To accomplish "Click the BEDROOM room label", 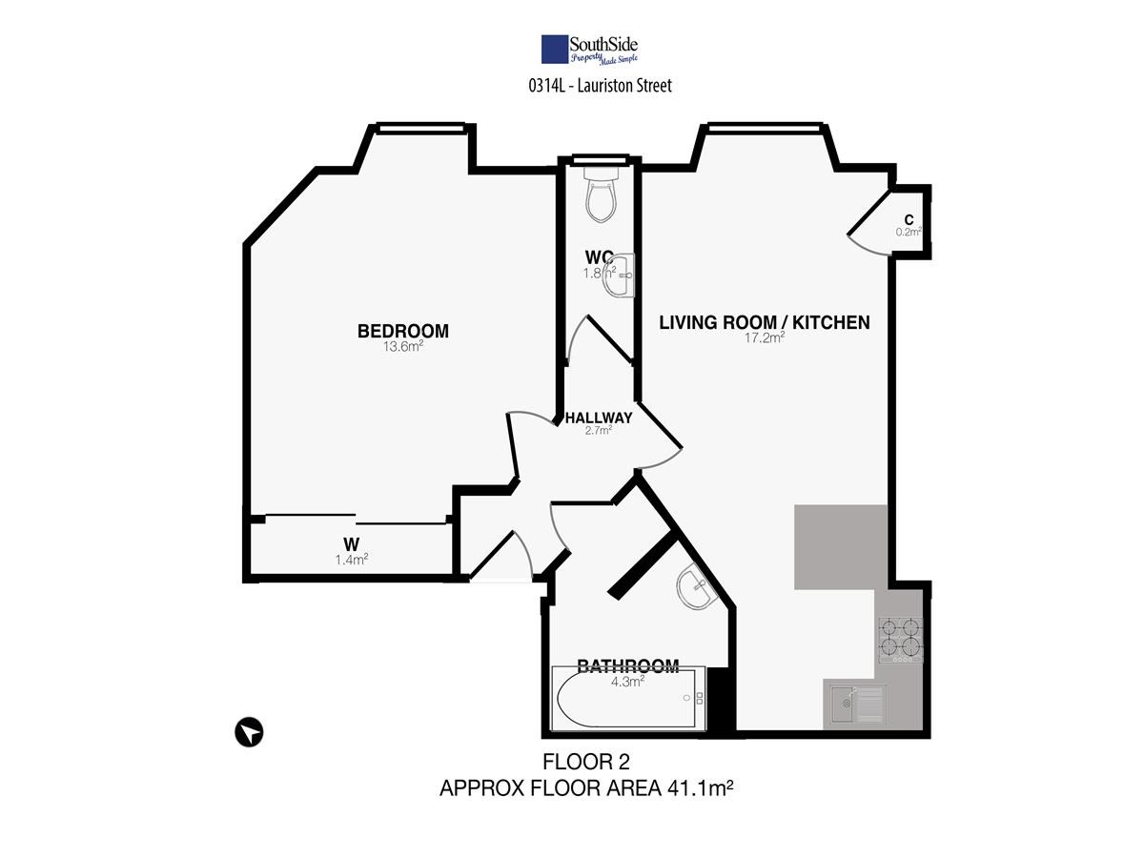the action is coord(403,332).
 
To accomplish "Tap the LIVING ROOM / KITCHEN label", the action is coord(764,323).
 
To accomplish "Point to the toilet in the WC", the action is coord(601,194).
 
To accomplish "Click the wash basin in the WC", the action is coord(618,275).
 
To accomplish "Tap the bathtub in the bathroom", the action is coord(627,698).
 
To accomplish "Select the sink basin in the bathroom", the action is coord(696,585).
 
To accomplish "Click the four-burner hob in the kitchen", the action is coord(901,641).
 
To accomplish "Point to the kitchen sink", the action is coord(858,705).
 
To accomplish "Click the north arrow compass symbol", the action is coord(249,732).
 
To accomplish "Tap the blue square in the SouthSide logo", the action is coord(555,50).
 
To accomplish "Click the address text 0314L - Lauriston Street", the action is coord(600,86).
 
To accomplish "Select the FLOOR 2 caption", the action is coord(586,762).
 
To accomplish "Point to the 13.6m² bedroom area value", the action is coord(403,346).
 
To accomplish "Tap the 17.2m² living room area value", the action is coord(764,337).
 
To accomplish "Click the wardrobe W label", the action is coord(351,544).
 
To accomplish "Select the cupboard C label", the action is coord(909,220).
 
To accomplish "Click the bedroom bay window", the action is coord(420,127).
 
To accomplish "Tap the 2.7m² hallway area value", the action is coord(599,430).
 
